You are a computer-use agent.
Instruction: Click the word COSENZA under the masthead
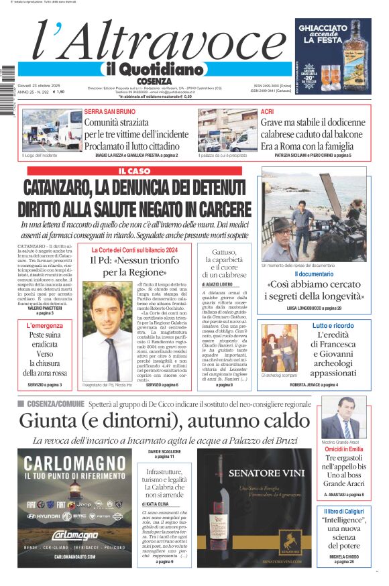click(154, 81)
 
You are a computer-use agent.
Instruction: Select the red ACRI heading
click(267, 111)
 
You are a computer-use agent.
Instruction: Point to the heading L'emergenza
click(45, 326)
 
